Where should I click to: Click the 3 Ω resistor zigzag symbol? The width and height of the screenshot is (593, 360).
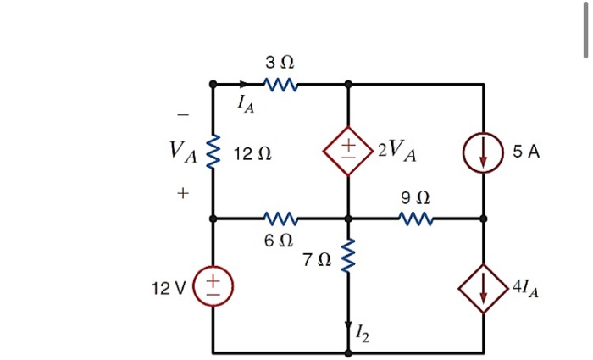point(280,85)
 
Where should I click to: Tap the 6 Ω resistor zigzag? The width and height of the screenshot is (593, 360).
point(280,219)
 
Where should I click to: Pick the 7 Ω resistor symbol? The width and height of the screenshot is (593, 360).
point(347,258)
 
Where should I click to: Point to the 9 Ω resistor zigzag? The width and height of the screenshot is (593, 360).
point(416,219)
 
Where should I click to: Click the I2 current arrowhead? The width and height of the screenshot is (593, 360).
point(347,328)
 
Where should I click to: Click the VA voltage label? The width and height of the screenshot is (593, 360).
point(182,152)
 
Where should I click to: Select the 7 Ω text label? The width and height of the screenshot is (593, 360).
point(315,258)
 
